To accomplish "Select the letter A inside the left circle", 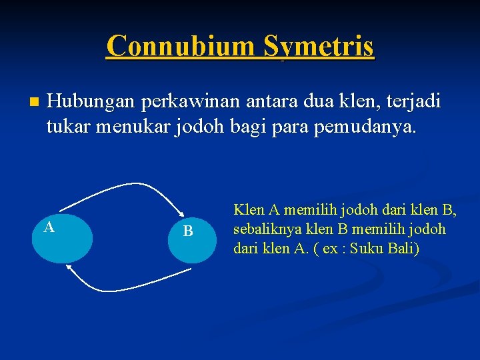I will click(x=49, y=227).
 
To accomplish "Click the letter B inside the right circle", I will click(x=188, y=231).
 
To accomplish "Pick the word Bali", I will click(x=403, y=249).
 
